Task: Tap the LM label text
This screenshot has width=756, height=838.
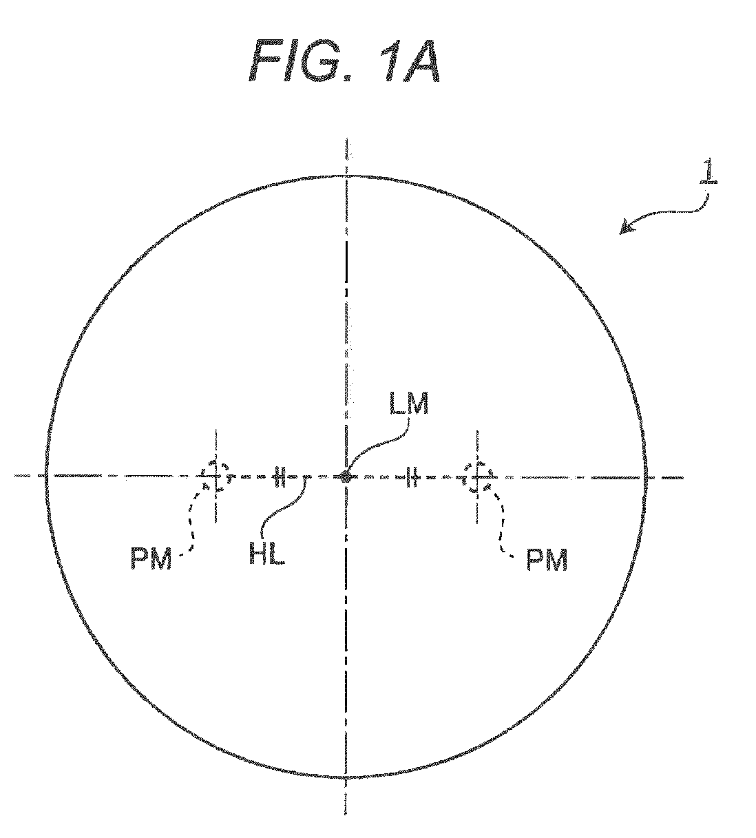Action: click(x=409, y=404)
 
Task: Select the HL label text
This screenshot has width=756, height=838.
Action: click(x=267, y=554)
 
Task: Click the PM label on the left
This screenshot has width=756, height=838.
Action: click(x=151, y=559)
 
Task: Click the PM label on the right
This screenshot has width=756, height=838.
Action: click(x=547, y=560)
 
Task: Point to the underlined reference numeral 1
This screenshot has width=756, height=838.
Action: click(x=708, y=172)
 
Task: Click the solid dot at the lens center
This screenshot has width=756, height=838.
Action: click(x=345, y=476)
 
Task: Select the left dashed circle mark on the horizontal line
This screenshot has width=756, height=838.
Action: click(x=216, y=476)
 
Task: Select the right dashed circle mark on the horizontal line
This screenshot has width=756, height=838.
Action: click(x=477, y=476)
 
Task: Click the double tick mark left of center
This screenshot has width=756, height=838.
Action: click(x=279, y=476)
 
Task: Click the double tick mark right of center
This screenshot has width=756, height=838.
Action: click(x=412, y=476)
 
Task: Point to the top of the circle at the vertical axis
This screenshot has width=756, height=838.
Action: click(x=346, y=176)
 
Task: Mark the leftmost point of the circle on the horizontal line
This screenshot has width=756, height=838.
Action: click(x=46, y=476)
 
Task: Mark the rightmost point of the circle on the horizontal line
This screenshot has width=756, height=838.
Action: click(x=645, y=476)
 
